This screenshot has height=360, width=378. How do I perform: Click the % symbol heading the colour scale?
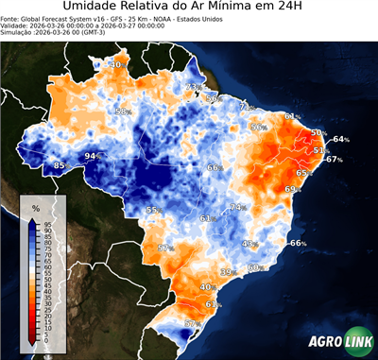point(36,207)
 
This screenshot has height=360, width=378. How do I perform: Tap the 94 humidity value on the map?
point(92,156)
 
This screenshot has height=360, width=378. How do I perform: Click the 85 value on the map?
point(60,166)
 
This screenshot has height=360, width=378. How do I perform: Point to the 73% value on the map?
point(193,87)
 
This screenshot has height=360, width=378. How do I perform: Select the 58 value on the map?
point(121,111)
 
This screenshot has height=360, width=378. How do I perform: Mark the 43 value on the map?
point(249,244)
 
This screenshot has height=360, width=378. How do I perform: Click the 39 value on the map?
point(226,272)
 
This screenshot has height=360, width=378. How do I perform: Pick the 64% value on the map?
point(340,140)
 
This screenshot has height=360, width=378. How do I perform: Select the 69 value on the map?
point(291,189)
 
